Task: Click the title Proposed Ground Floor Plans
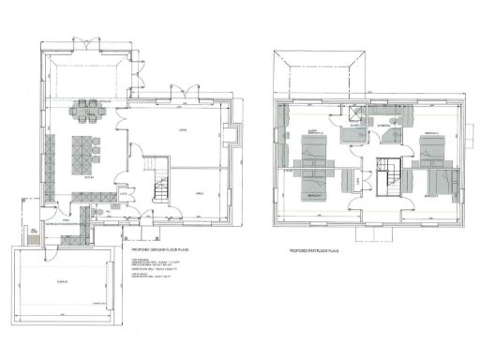point(150,247)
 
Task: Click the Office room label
point(199,193)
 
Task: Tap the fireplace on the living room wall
point(233,138)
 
